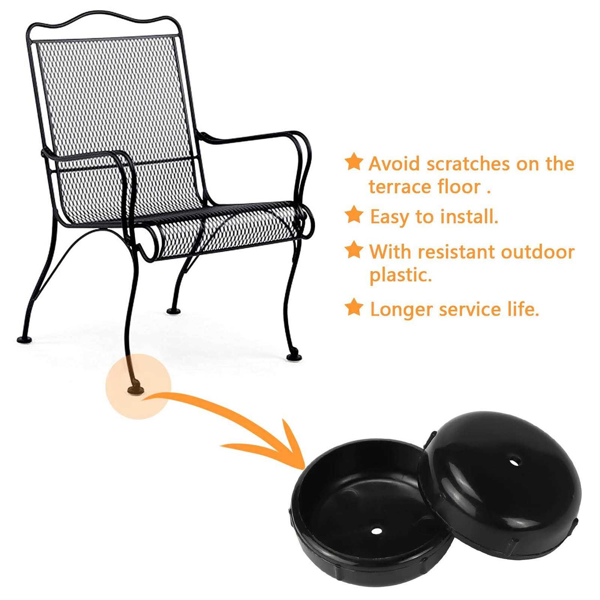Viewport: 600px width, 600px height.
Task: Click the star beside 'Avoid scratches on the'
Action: tap(354, 162)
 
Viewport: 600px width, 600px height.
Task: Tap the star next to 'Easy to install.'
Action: tap(354, 215)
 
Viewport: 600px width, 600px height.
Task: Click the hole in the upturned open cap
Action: tap(376, 531)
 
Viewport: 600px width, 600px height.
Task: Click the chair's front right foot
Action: tap(294, 357)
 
